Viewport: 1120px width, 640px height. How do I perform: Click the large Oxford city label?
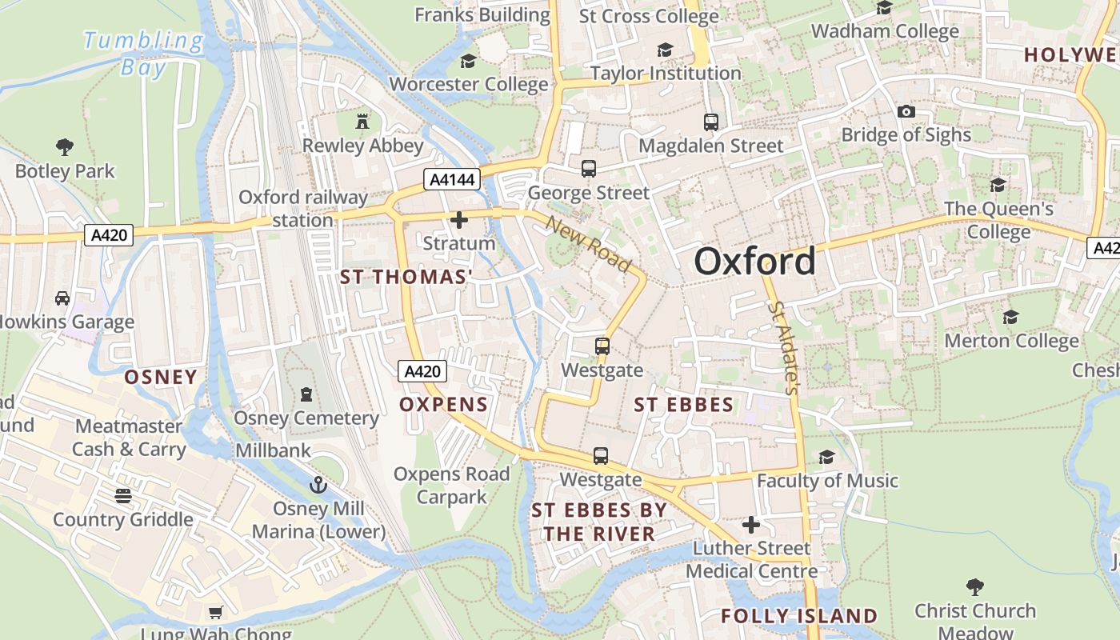754,262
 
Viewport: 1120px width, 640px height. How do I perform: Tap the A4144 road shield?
452,180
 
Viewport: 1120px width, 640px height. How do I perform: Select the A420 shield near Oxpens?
422,371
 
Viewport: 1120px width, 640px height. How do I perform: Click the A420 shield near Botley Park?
108,234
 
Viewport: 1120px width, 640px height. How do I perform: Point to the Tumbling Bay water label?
144,53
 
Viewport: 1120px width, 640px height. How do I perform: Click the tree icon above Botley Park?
65,146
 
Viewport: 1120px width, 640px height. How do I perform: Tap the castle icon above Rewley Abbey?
362,122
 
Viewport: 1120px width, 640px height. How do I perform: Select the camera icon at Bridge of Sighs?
906,111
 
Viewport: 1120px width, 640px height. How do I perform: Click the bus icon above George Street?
589,169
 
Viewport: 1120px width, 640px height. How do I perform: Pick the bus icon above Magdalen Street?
710,122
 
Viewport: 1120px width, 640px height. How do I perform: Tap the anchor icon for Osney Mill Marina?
318,485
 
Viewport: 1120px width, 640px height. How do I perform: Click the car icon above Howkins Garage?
62,298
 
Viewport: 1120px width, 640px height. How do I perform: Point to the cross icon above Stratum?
459,219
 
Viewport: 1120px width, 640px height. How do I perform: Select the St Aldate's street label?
783,347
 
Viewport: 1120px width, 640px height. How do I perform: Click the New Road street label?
588,243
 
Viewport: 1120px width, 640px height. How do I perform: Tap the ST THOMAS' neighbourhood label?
406,277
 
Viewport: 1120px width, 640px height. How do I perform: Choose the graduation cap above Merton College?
1010,318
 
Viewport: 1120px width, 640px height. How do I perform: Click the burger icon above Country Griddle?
122,496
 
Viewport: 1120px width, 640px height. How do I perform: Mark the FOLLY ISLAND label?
799,616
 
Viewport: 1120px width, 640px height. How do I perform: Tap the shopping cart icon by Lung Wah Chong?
215,613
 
